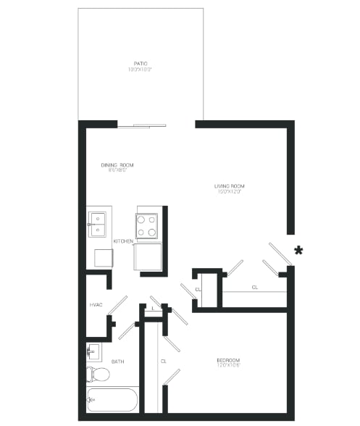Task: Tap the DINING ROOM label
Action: click(117, 164)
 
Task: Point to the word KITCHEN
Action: click(122, 241)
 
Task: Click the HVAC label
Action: click(95, 305)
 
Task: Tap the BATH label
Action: click(117, 361)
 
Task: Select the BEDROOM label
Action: click(227, 360)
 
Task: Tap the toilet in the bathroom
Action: click(98, 375)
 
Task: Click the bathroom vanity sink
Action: click(93, 353)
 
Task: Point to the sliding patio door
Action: click(142, 126)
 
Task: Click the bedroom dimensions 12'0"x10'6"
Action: click(227, 367)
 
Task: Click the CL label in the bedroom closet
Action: click(163, 360)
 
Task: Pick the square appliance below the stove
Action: click(148, 256)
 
